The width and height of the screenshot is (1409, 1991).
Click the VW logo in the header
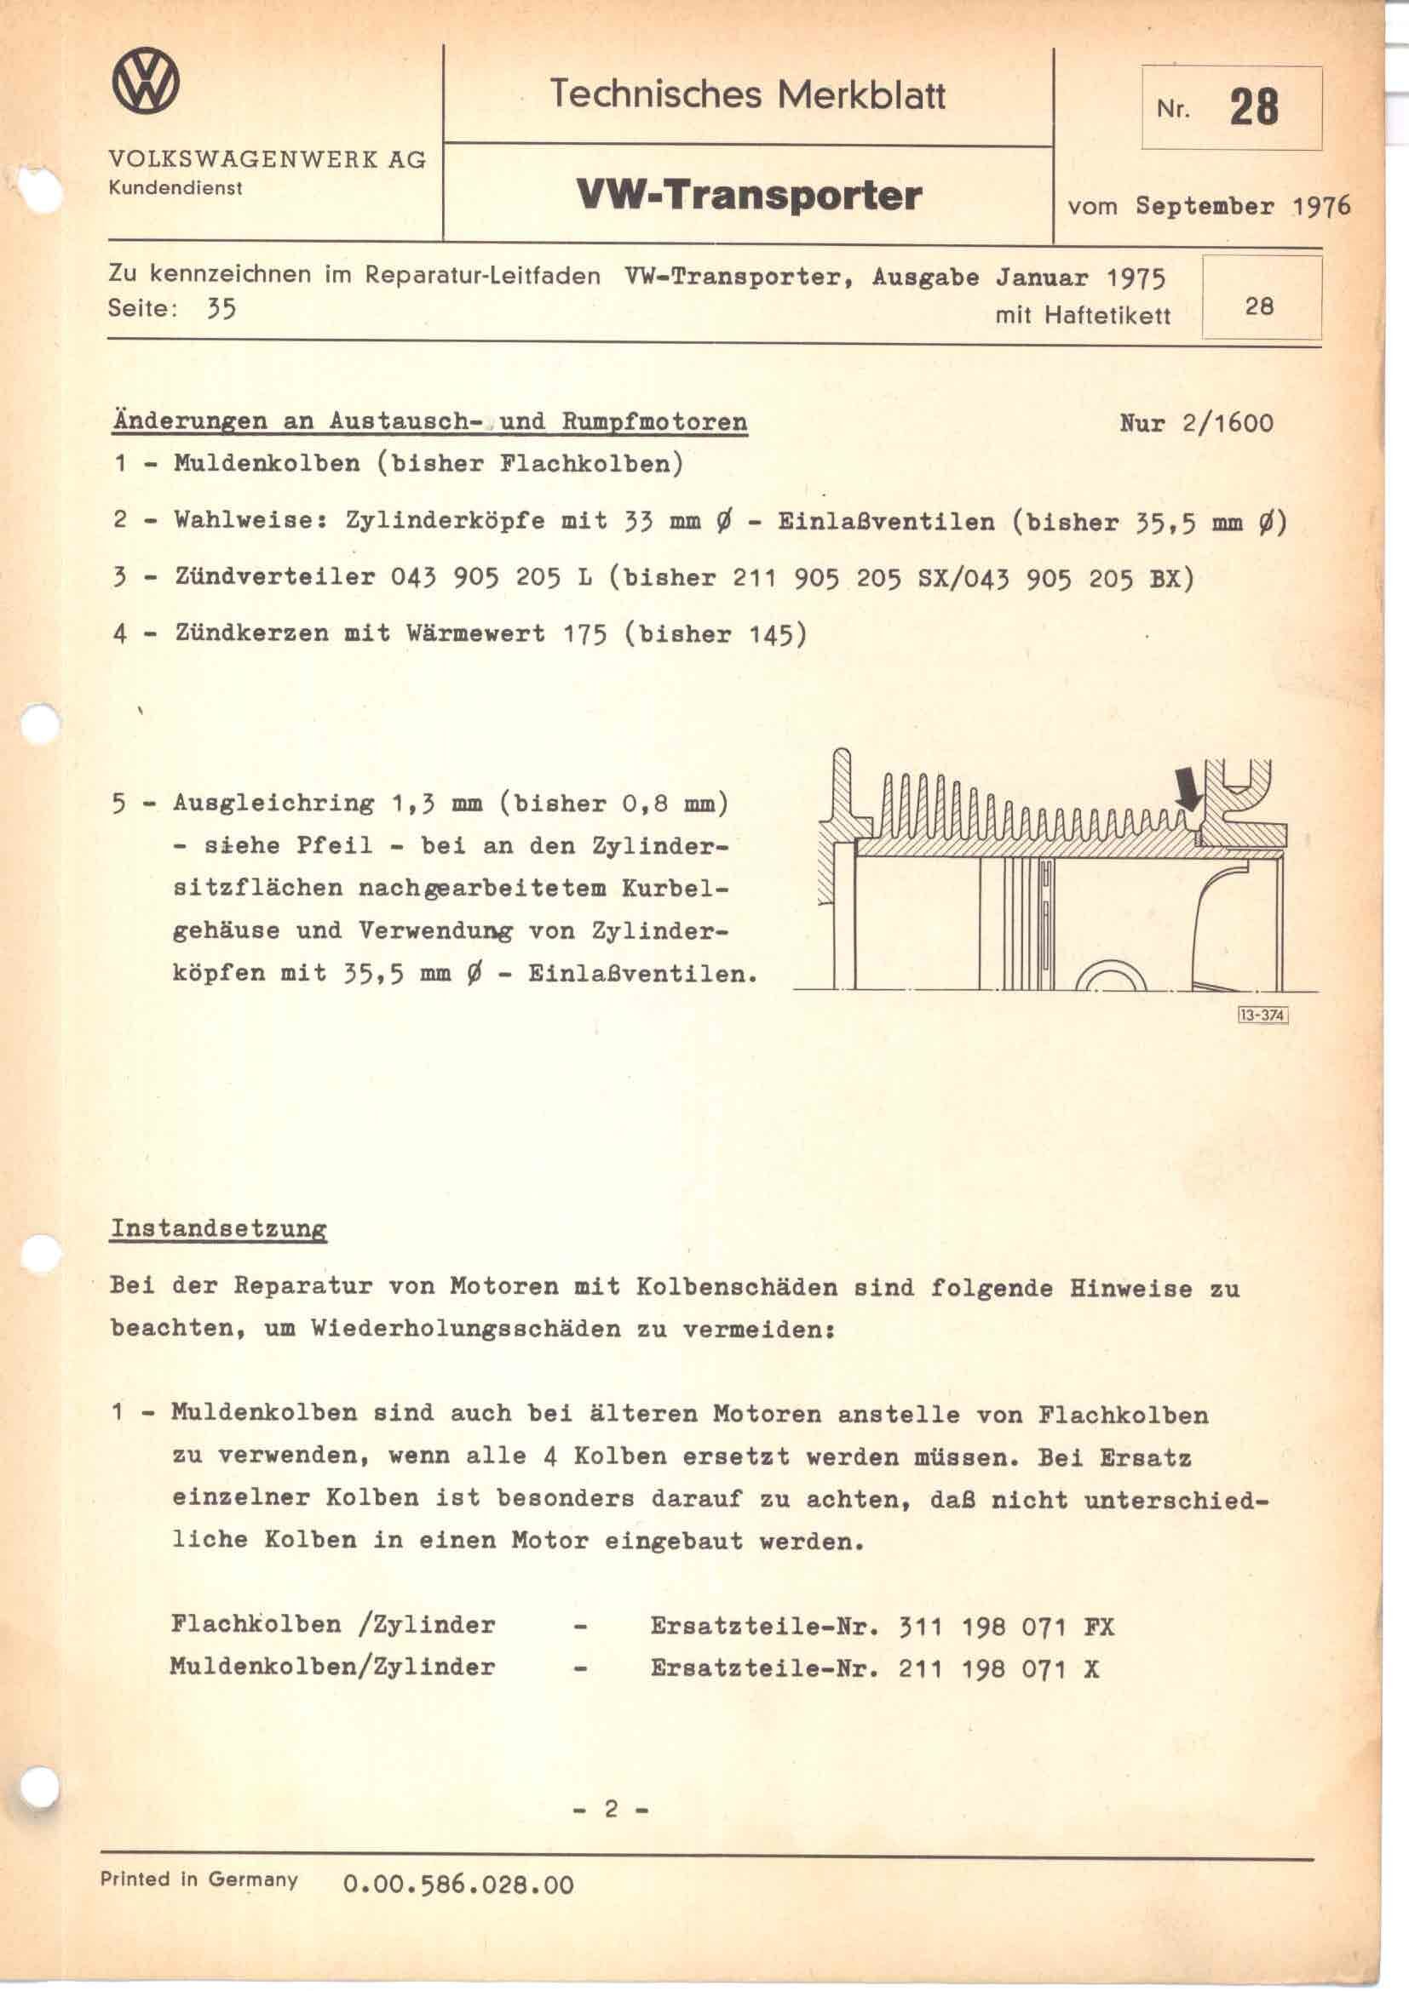(x=147, y=82)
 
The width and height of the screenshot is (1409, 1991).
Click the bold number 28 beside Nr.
(x=1254, y=108)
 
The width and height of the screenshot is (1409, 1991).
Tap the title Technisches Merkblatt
(x=747, y=94)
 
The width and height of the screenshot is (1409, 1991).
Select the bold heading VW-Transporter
(x=748, y=195)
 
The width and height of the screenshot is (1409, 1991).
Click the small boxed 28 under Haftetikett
(x=1259, y=306)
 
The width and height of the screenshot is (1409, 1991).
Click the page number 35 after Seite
(x=221, y=310)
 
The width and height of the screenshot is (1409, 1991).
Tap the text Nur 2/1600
(x=1196, y=424)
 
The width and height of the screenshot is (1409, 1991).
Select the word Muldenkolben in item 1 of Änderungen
(x=267, y=463)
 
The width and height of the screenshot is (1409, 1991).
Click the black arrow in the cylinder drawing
(x=1189, y=790)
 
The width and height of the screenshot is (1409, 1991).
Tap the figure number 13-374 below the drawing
(x=1262, y=1015)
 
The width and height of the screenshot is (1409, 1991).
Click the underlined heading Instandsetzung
(x=219, y=1229)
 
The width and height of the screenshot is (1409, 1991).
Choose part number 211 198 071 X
(x=998, y=1668)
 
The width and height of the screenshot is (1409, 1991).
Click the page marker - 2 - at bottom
(x=611, y=1809)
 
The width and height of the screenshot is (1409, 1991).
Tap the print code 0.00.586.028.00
(x=459, y=1885)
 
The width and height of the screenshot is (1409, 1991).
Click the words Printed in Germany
(x=198, y=1879)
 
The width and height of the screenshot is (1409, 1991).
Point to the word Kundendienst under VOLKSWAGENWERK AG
(x=175, y=188)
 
